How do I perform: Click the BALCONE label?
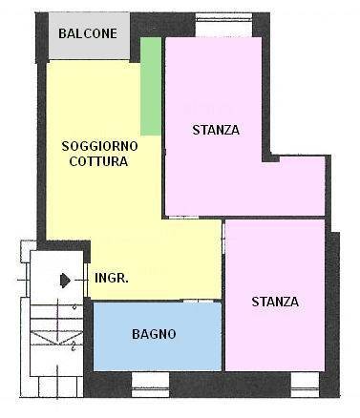point(88,33)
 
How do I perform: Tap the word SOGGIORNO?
point(99,146)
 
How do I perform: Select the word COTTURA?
point(98,161)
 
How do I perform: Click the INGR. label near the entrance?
point(112,278)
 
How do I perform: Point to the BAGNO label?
point(154,334)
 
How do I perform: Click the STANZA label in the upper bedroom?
point(216,130)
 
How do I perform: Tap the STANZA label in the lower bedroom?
point(275,302)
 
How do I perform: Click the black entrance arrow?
point(65,281)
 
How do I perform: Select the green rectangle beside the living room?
point(151,86)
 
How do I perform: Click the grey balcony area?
point(89,35)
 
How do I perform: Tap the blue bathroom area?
point(158,336)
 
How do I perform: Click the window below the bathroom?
point(150,385)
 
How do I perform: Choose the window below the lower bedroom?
point(305,385)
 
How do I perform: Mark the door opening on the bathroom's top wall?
point(199,301)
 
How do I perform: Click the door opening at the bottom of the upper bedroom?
point(183,218)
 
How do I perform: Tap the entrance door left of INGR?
point(86,280)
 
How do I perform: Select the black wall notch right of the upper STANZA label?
point(270,157)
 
